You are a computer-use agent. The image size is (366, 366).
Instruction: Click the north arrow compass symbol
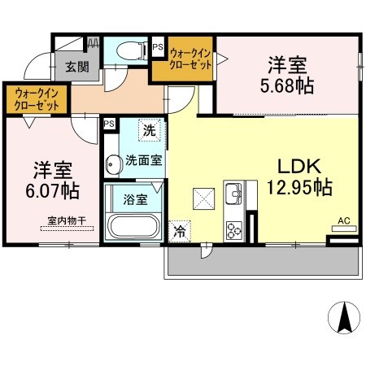click(x=344, y=317)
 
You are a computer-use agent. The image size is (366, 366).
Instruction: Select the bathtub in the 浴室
click(x=133, y=227)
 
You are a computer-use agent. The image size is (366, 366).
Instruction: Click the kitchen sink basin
click(x=233, y=194)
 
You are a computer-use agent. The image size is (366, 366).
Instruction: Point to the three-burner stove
click(x=234, y=230)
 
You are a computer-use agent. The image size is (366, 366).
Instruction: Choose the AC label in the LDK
click(x=344, y=220)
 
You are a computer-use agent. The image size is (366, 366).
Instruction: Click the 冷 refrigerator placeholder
click(x=180, y=231)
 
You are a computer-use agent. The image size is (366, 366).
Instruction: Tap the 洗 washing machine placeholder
click(x=150, y=130)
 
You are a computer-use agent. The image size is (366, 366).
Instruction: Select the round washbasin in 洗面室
click(x=113, y=164)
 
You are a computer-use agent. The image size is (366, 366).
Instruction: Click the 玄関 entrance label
click(x=77, y=67)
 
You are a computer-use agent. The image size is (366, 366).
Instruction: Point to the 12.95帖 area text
click(x=299, y=187)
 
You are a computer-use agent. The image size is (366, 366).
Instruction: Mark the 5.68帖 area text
click(x=287, y=86)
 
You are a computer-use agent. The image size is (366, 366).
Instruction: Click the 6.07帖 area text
click(x=53, y=191)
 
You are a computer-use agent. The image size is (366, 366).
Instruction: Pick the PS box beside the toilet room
click(x=158, y=46)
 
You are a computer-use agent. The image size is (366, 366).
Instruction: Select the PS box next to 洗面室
click(x=109, y=124)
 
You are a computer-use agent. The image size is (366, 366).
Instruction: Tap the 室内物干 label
click(x=67, y=220)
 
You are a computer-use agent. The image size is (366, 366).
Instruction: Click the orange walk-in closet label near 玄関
click(x=37, y=99)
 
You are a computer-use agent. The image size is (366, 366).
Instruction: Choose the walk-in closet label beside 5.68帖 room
click(x=190, y=59)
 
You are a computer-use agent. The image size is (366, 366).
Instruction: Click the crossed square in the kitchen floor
click(x=203, y=198)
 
